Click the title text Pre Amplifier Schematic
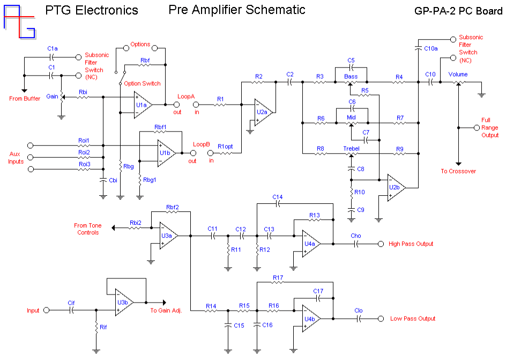pos(236,10)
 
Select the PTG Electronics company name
pos(92,10)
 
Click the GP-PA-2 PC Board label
pos(458,11)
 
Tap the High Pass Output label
pos(411,244)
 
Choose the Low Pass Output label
pos(412,319)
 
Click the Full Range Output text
pos(489,128)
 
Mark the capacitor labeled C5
pos(351,68)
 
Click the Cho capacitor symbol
pos(356,244)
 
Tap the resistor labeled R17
pos(278,283)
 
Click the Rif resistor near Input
pos(96,327)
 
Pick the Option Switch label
pos(142,84)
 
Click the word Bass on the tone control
pos(351,77)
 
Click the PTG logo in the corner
pos(20,21)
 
